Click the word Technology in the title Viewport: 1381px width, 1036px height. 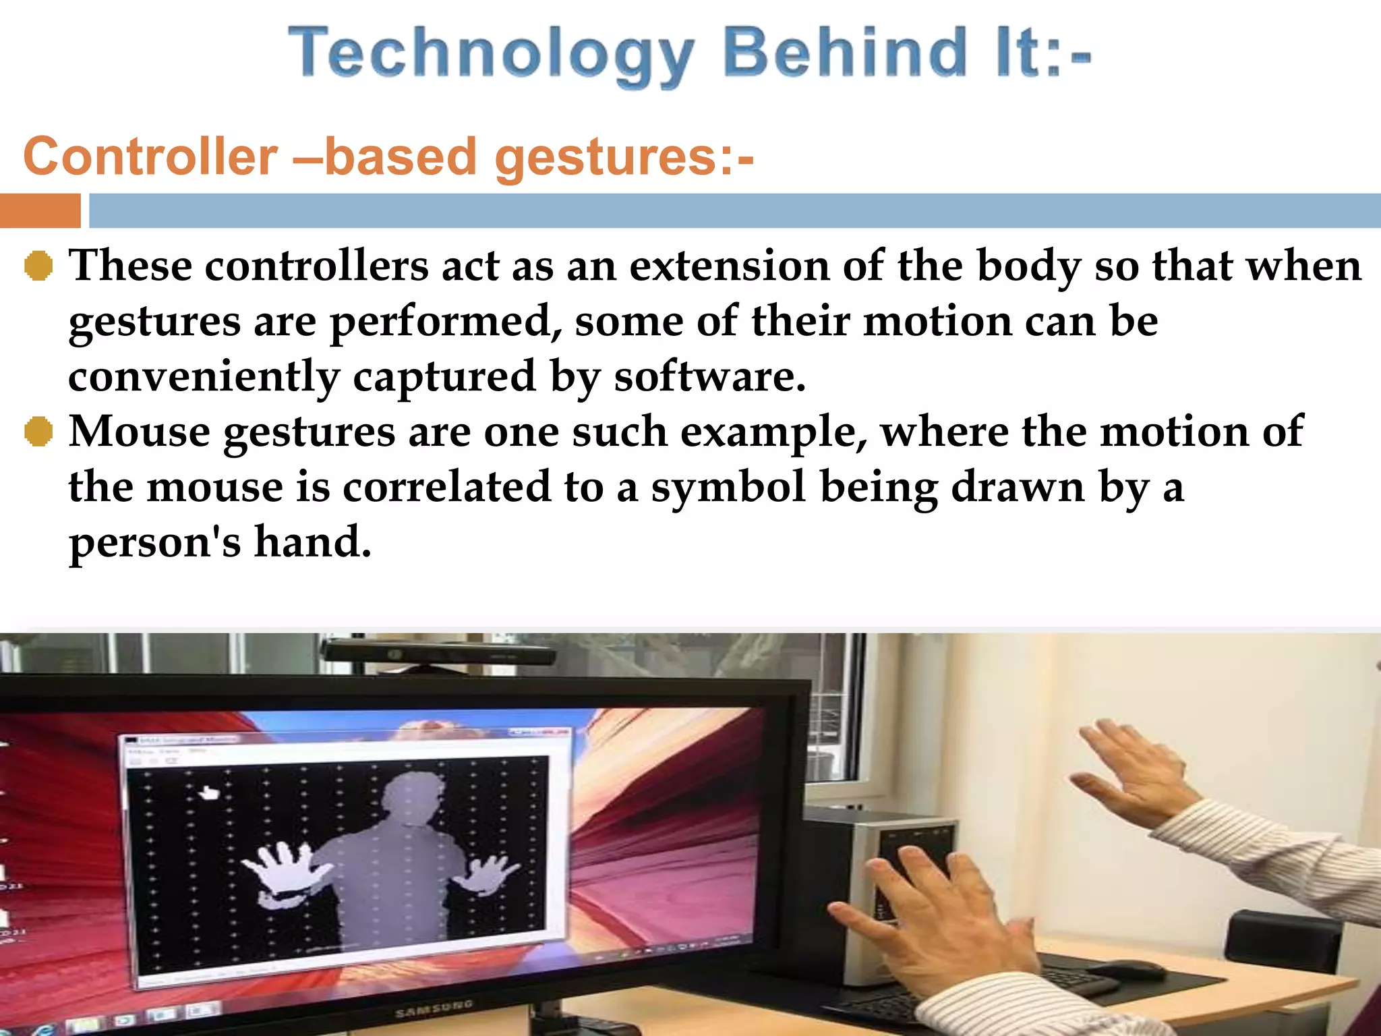tap(491, 54)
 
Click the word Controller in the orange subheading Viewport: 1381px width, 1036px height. tap(150, 156)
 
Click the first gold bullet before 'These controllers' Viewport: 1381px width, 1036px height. tap(38, 266)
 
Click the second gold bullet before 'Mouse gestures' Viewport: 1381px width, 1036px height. tap(38, 432)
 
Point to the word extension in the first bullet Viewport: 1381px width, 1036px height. tap(729, 266)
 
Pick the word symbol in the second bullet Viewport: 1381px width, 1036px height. tap(728, 487)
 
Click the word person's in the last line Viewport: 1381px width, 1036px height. tap(154, 542)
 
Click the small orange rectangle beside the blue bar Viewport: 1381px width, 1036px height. tap(40, 210)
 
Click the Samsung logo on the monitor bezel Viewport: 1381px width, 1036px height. tap(434, 1009)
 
